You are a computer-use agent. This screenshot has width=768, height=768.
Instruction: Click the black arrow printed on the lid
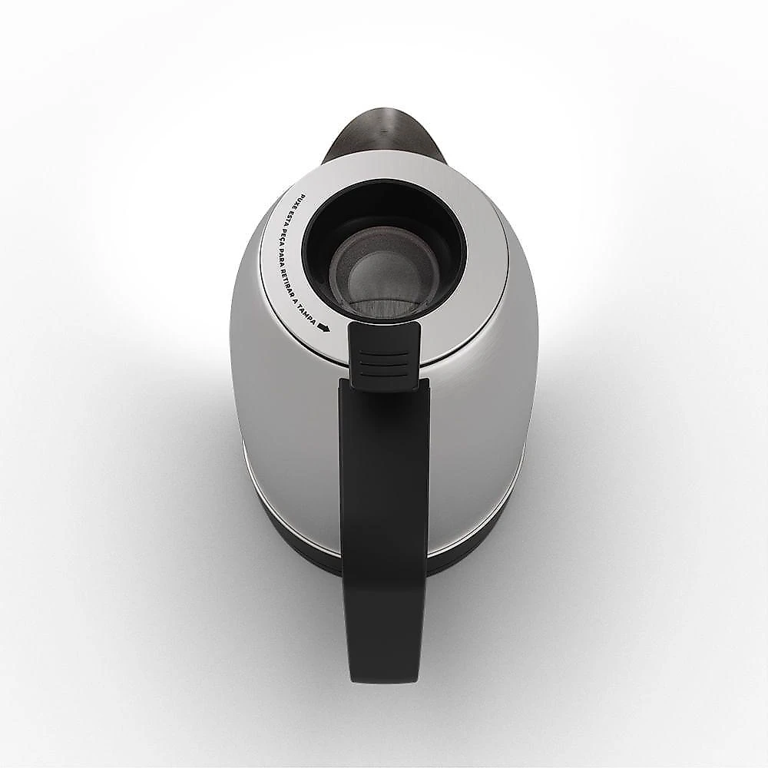tap(324, 327)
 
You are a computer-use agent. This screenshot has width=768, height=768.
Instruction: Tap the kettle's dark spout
tap(384, 134)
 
